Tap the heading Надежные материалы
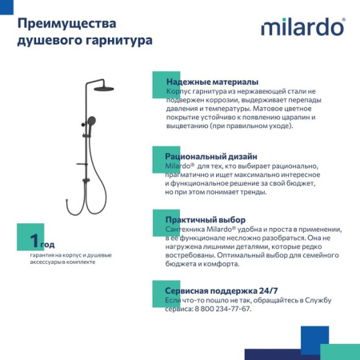coord(211,82)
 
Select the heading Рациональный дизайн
coord(210,156)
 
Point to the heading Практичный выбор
coord(205,219)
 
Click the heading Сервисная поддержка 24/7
coord(221,290)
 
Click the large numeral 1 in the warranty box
coord(34,239)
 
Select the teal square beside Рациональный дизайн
coord(158,154)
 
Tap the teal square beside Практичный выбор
coord(158,218)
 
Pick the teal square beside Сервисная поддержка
coord(158,288)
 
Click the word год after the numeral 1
coord(47,244)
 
